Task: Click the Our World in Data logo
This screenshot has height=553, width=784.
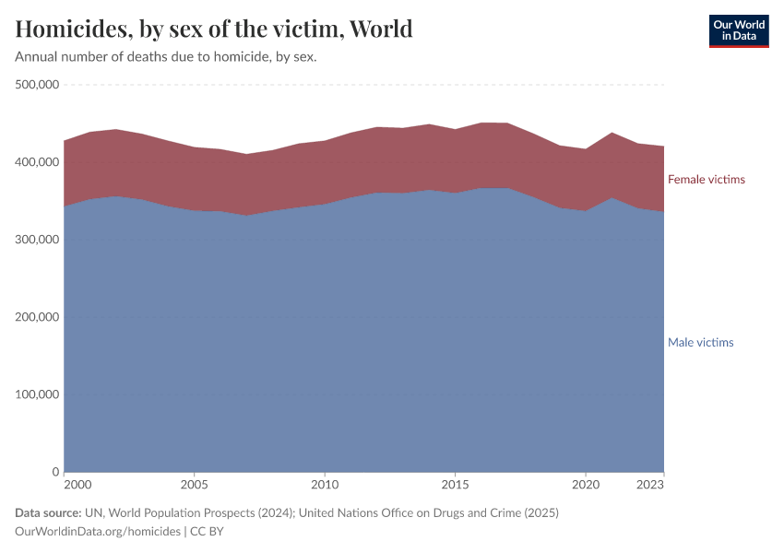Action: [738, 30]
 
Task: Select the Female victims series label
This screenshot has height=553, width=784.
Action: [706, 180]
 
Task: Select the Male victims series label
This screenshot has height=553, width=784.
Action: [700, 343]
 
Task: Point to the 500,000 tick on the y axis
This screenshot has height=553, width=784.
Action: [38, 85]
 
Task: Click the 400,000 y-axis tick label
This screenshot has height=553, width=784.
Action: [38, 162]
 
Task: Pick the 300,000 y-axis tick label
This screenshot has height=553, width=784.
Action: [38, 240]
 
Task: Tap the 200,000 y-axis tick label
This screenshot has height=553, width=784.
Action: [38, 317]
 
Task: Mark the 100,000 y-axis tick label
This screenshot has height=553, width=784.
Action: [38, 394]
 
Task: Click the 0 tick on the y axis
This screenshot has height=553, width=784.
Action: [55, 472]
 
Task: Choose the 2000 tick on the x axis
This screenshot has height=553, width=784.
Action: [77, 485]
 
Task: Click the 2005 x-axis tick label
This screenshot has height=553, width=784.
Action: [194, 485]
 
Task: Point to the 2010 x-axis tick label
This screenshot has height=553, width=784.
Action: [324, 485]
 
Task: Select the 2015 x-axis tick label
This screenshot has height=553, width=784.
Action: [455, 485]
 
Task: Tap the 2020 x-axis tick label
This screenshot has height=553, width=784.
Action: [585, 485]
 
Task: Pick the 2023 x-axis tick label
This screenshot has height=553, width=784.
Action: [650, 485]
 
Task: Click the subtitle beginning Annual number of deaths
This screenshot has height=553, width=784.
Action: [166, 57]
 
